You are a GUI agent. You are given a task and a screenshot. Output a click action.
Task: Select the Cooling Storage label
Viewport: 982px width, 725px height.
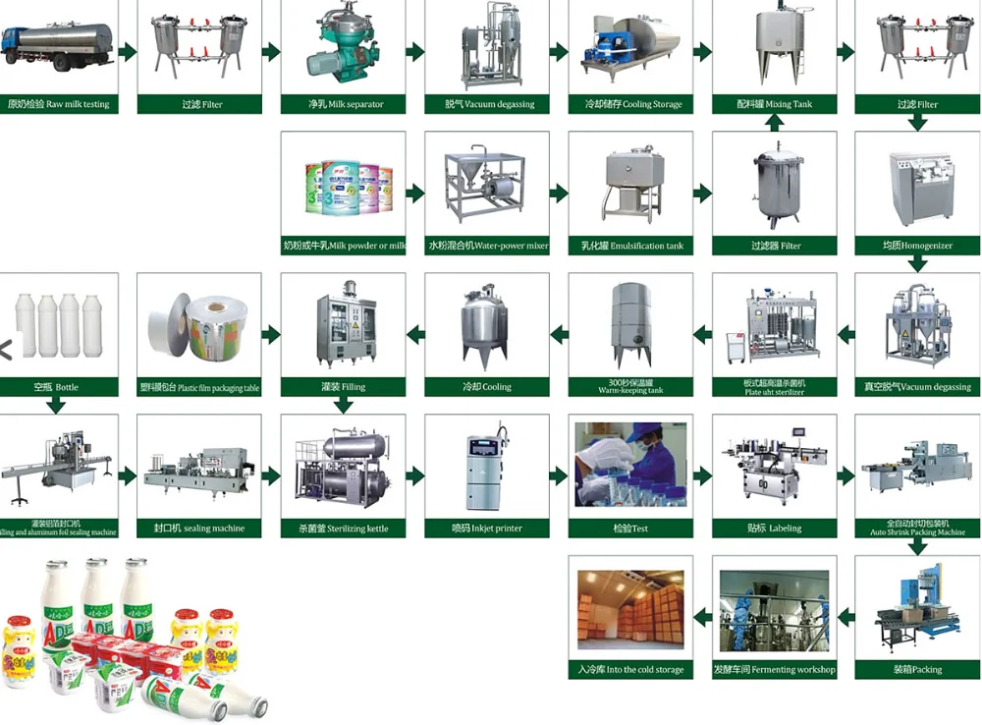(630, 104)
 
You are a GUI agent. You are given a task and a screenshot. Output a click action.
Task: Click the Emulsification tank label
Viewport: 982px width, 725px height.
(630, 246)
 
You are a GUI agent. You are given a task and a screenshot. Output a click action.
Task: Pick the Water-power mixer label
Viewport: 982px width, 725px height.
(488, 246)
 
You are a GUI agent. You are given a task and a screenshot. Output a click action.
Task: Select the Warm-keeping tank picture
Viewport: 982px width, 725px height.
(630, 324)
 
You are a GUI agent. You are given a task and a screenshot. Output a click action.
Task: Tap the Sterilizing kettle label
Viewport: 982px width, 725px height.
(344, 529)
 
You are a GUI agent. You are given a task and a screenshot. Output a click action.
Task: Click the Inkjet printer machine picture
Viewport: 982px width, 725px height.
(488, 467)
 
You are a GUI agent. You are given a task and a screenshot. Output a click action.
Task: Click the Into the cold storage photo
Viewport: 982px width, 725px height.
(630, 609)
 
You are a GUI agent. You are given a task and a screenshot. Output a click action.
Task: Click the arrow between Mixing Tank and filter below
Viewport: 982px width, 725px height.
(774, 123)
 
